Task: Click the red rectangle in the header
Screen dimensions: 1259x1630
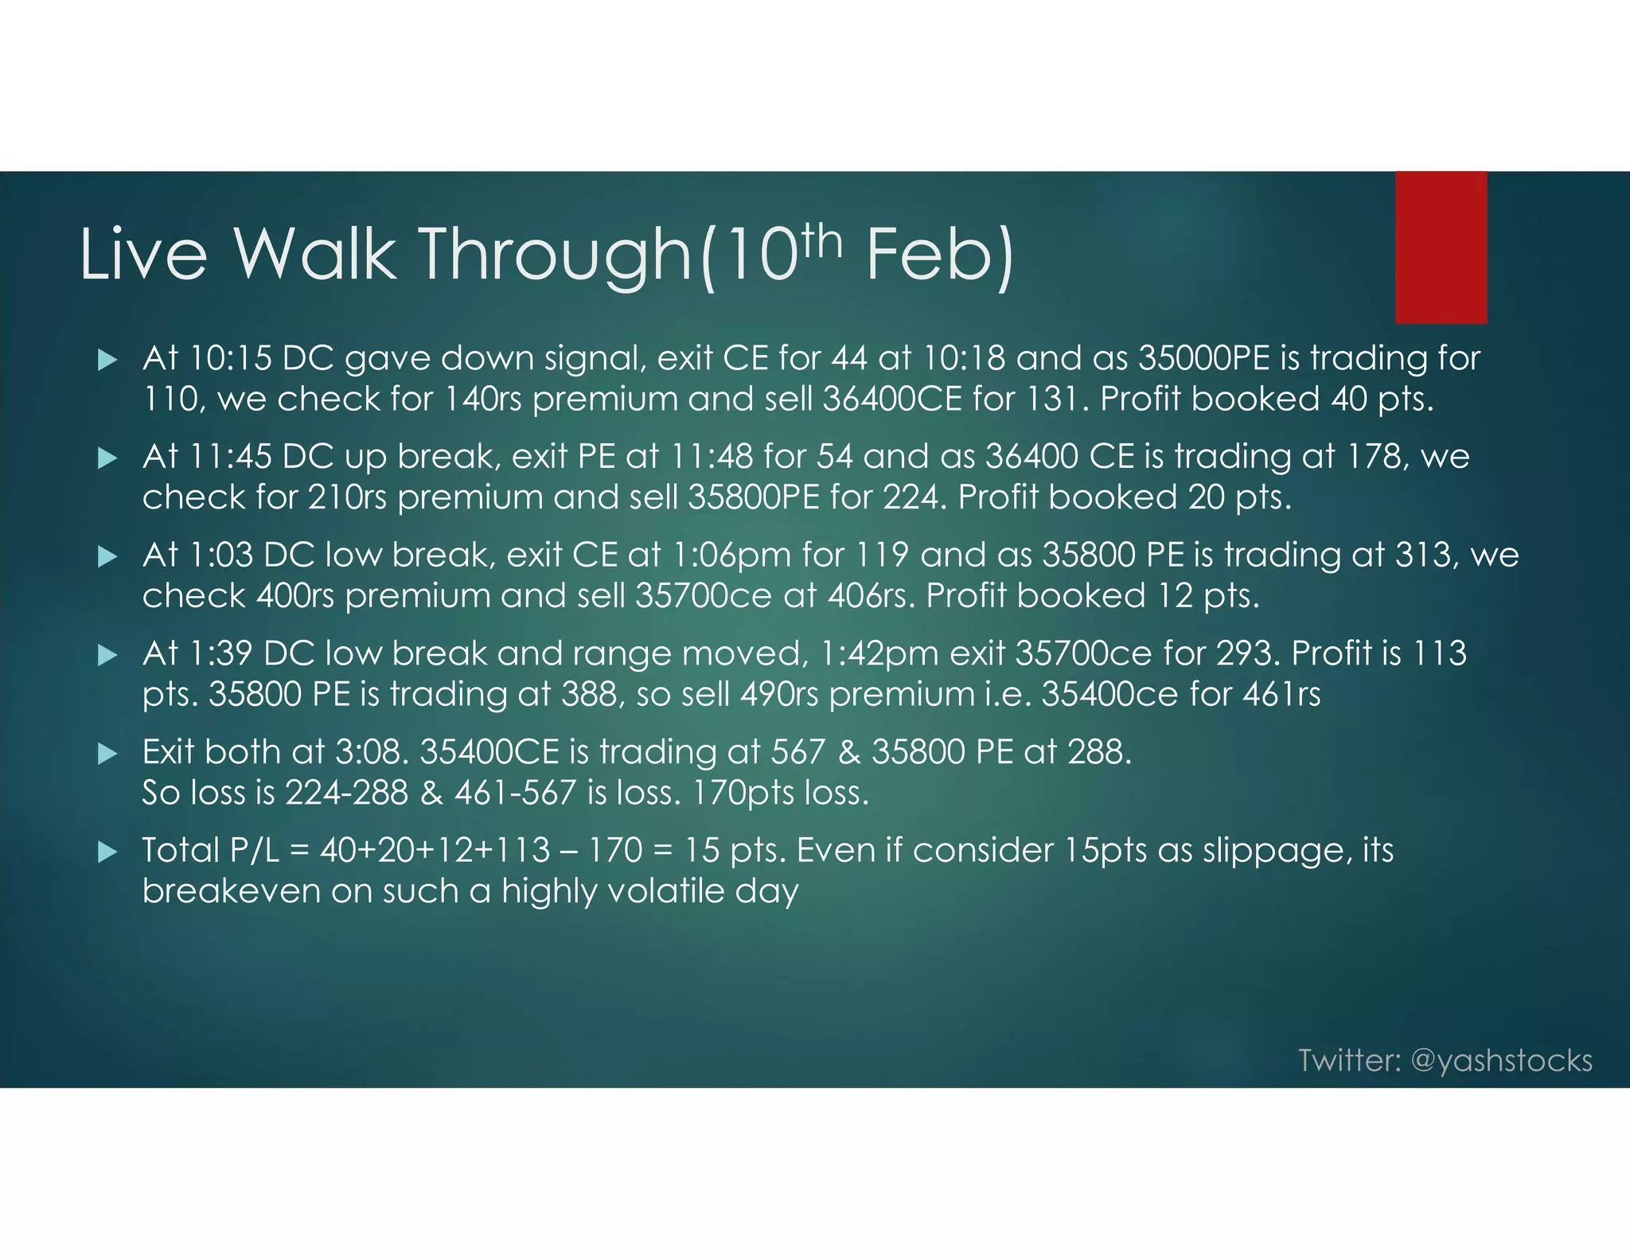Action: click(1441, 248)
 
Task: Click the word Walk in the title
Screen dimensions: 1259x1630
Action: click(314, 255)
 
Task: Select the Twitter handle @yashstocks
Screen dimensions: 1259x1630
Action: click(1501, 1061)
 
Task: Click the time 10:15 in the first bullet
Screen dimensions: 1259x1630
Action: click(230, 359)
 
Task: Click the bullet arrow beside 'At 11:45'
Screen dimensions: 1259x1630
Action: click(107, 458)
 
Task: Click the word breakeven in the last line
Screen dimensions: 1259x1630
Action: click(231, 891)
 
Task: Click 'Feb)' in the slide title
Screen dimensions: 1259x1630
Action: click(939, 255)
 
